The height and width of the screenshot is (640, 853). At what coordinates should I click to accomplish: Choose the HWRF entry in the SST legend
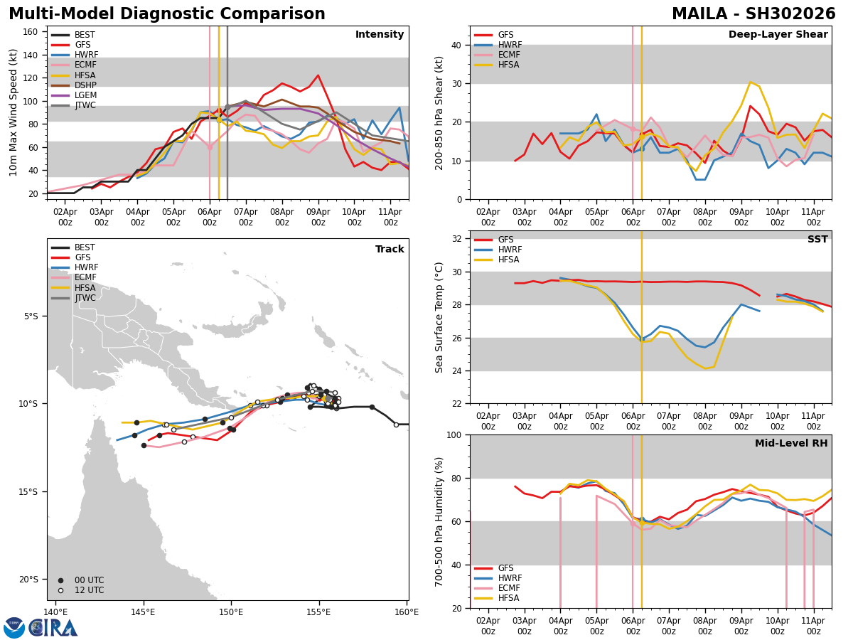tap(510, 250)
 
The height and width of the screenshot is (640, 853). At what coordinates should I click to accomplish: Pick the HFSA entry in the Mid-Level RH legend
tap(509, 598)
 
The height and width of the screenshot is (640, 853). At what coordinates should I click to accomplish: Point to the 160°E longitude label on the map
tap(407, 612)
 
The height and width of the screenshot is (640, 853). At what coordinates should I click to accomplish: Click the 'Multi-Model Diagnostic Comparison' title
tap(167, 14)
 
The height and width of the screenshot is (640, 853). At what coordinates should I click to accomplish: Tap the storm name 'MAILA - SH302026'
tap(753, 14)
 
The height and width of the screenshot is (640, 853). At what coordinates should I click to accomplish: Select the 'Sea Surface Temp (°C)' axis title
tap(440, 317)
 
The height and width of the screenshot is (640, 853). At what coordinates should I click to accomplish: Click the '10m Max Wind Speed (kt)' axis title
tap(14, 112)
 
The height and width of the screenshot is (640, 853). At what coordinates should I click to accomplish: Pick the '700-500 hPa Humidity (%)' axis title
tap(440, 521)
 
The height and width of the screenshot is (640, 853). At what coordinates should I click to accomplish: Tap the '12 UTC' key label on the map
tap(89, 590)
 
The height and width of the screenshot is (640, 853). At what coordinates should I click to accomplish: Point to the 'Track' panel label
tap(390, 250)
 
